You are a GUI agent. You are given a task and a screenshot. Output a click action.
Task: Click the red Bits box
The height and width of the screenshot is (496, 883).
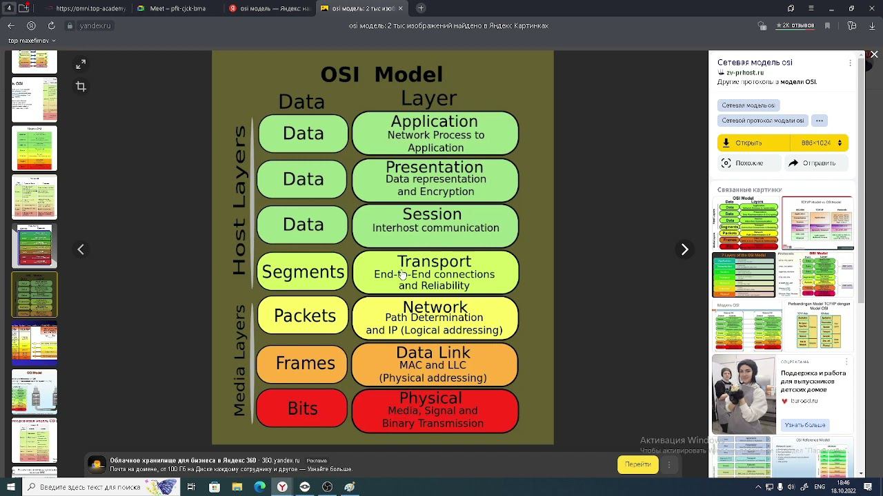coord(302,409)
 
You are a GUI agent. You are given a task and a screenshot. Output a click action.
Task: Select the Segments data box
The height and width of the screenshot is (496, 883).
coord(303,272)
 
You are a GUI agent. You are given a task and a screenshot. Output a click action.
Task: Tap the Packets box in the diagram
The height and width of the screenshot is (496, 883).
coord(304,316)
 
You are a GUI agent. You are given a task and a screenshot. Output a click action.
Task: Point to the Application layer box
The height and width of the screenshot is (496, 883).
coord(435,134)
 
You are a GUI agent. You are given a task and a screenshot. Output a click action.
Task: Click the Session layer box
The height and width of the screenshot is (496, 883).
coord(435,225)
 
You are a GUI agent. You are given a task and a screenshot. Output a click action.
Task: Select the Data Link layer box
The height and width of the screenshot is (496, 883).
coord(435,364)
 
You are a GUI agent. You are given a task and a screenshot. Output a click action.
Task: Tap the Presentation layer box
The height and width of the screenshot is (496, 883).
coord(435,180)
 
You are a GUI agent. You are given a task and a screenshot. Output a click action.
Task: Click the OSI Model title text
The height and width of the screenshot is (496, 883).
coord(381,74)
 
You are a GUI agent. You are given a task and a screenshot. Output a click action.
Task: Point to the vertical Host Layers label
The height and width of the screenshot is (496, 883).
coord(239,200)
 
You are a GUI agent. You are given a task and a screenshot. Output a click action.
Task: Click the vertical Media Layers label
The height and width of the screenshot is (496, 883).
coord(239,360)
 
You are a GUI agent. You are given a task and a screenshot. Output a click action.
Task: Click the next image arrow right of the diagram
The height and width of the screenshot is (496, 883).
coord(684,249)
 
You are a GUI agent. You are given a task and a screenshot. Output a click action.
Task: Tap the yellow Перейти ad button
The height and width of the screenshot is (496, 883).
coord(637,464)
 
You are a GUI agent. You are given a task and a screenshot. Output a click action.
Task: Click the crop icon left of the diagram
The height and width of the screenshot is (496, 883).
coord(81,86)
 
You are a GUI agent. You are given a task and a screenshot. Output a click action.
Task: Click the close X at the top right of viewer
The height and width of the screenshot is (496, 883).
coord(874,54)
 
